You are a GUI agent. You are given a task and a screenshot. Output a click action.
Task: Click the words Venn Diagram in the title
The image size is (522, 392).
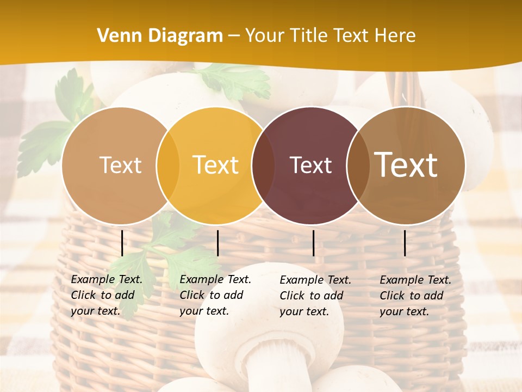click(x=160, y=36)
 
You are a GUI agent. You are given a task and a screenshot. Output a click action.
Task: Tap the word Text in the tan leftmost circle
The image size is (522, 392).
click(x=120, y=165)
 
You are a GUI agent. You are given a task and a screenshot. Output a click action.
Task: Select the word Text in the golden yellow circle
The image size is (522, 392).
click(x=215, y=165)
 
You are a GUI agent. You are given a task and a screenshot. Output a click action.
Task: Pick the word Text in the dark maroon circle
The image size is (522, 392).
click(x=310, y=165)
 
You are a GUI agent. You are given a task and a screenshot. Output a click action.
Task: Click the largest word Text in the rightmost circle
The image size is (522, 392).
click(x=406, y=164)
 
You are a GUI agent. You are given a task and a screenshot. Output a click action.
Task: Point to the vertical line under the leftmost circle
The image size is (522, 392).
click(x=122, y=243)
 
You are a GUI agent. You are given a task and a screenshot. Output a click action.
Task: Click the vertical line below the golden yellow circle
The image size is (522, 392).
click(x=217, y=243)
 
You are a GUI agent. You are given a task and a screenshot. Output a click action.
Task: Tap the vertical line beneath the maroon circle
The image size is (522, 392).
click(x=313, y=243)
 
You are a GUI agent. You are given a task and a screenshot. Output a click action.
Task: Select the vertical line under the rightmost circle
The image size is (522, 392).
click(x=405, y=243)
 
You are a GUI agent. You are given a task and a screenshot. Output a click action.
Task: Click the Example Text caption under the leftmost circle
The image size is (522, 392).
click(x=107, y=295)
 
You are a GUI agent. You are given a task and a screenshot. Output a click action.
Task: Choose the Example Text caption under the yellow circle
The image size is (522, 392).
click(x=215, y=295)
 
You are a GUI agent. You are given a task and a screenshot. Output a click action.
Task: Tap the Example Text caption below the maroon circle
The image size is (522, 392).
click(x=315, y=296)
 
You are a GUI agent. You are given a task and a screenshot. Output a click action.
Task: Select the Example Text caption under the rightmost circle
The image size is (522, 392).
click(x=415, y=296)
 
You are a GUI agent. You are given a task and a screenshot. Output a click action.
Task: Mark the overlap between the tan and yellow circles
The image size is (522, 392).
click(x=167, y=165)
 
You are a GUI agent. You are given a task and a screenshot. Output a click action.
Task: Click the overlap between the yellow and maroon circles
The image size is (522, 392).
click(x=263, y=165)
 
